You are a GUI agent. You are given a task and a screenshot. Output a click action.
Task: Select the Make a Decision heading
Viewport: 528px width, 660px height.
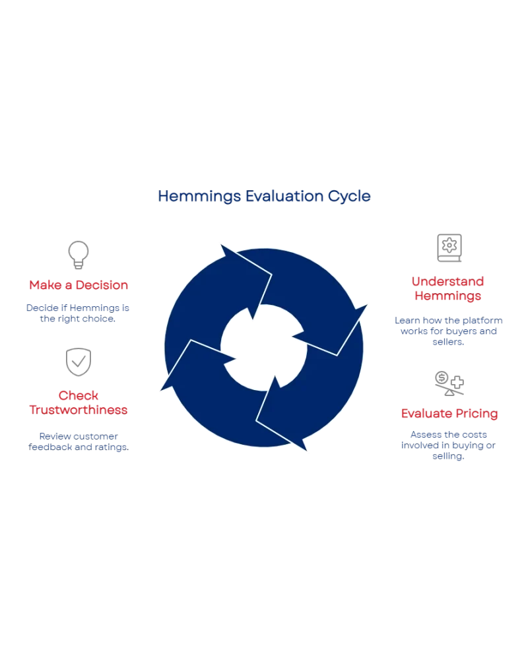79,285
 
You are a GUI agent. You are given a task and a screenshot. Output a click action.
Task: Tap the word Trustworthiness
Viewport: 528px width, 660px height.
79,410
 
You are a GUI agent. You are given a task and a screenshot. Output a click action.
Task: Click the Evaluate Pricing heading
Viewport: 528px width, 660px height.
450,414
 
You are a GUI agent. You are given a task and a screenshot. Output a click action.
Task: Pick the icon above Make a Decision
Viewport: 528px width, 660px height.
77,255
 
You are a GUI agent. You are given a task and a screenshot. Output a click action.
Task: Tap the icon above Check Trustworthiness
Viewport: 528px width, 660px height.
79,360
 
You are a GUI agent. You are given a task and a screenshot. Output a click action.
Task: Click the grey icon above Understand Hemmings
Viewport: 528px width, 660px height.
448,248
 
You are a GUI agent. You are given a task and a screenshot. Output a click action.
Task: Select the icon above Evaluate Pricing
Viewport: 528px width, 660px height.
448,382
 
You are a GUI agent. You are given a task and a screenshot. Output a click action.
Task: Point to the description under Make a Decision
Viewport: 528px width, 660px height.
79,312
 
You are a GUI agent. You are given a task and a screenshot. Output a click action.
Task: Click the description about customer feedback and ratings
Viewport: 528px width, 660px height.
79,442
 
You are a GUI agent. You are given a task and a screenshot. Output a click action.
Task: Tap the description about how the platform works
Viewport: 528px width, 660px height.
448,332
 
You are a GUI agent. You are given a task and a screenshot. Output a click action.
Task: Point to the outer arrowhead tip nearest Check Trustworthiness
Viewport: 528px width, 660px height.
156,392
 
